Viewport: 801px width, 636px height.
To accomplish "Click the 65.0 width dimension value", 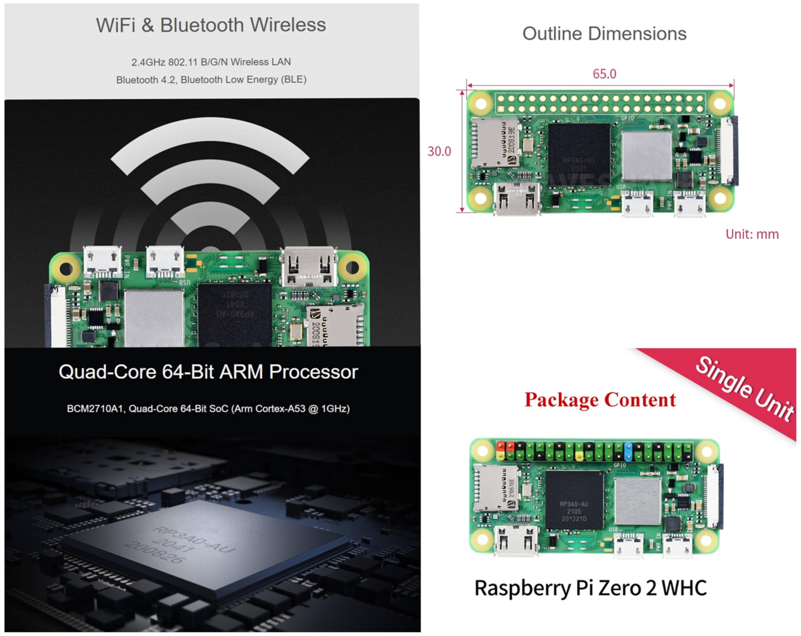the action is tap(604, 74).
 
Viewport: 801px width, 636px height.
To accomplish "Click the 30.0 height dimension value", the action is tap(439, 151).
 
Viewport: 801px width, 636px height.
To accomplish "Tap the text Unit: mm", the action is tap(752, 234).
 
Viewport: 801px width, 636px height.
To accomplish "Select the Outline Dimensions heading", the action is tap(604, 34).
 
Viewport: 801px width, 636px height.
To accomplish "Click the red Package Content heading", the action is tap(599, 400).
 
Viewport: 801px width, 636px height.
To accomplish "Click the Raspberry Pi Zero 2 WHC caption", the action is tap(591, 588).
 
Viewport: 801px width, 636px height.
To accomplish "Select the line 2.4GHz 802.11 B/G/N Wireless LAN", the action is tap(211, 62).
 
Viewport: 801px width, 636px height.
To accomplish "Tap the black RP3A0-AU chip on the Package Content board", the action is tap(574, 500).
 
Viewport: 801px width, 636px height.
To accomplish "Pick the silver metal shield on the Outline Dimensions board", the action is tap(646, 156).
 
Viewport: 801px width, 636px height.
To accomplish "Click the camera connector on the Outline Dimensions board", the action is tap(729, 150).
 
